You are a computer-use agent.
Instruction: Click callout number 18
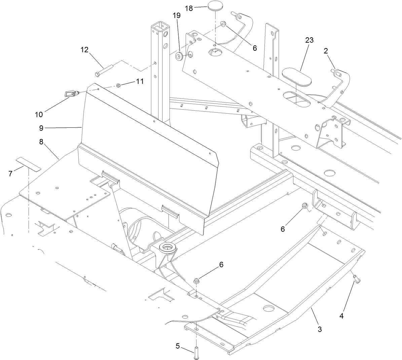point(189,8)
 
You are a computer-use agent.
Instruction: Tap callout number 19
point(176,15)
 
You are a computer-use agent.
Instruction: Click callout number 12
point(84,50)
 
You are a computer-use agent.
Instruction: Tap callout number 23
point(309,40)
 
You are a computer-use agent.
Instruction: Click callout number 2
point(326,51)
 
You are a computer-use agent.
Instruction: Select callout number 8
point(41,142)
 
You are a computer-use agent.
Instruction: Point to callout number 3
point(319,329)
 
